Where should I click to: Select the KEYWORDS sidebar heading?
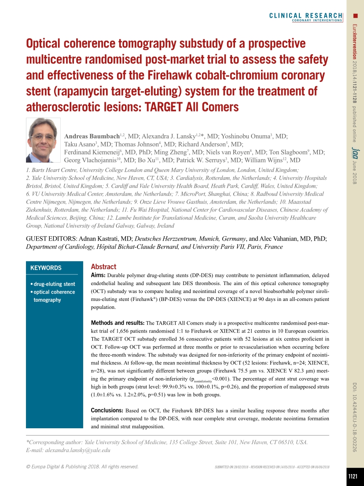(46, 268)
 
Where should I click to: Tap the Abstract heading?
(103, 267)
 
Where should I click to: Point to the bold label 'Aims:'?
(98, 275)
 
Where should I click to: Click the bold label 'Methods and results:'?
(118, 323)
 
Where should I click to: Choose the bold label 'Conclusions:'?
(107, 411)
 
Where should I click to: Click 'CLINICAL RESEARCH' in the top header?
(305, 16)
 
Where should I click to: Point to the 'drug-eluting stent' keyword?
(54, 284)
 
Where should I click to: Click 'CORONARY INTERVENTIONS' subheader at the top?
(316, 20)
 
